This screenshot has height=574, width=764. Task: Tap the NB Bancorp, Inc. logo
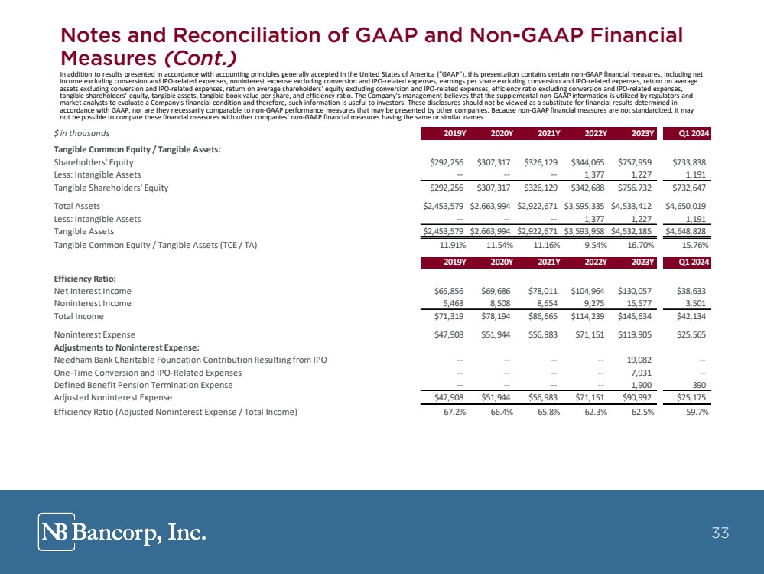122,532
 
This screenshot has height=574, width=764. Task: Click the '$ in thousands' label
82,135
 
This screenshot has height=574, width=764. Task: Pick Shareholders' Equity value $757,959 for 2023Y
633,162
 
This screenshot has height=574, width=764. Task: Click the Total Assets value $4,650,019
688,206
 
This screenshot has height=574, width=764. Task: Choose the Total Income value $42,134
691,316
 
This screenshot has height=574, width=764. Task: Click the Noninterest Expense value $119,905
633,334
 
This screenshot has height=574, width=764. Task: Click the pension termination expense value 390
700,385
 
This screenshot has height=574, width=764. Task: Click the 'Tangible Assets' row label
83,231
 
